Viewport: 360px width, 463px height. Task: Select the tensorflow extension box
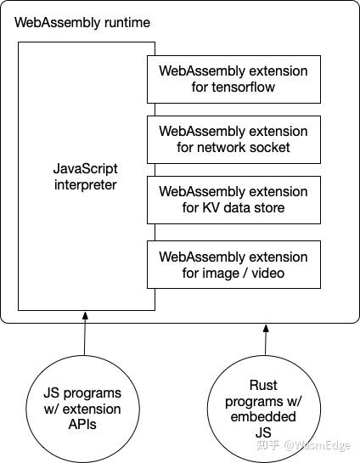click(x=233, y=78)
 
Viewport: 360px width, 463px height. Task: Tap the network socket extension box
click(x=233, y=139)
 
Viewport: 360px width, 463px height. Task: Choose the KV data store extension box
click(x=233, y=200)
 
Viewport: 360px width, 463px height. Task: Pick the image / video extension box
click(x=233, y=264)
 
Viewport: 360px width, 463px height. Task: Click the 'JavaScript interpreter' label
click(x=84, y=177)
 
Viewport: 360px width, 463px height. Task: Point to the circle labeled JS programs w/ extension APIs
click(x=82, y=402)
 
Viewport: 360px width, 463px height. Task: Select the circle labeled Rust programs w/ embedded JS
click(x=263, y=402)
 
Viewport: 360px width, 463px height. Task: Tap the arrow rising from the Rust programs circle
click(x=266, y=340)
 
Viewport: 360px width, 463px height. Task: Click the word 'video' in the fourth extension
click(x=267, y=273)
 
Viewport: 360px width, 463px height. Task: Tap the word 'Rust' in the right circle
click(x=263, y=385)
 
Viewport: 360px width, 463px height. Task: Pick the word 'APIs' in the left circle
click(x=82, y=425)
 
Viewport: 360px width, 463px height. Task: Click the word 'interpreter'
click(x=84, y=184)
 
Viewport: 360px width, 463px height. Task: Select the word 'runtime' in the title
click(x=126, y=22)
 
